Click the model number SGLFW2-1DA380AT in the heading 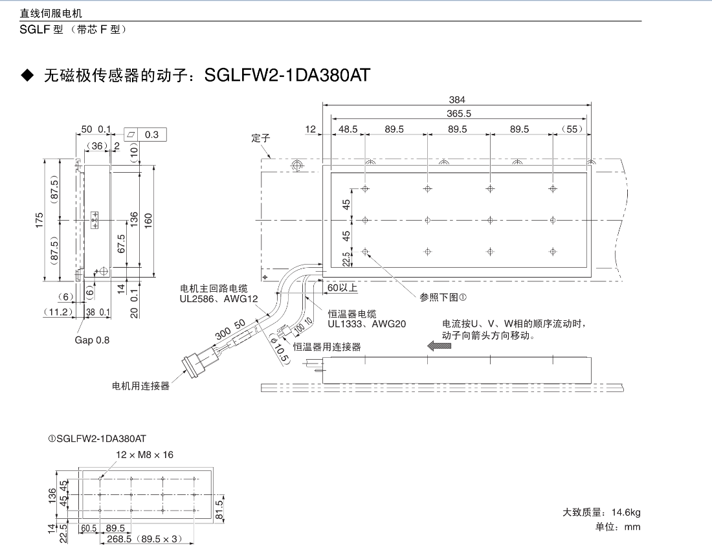pos(287,76)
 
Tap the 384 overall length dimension pos(457,100)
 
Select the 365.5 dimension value pos(459,113)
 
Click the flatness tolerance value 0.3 pos(152,135)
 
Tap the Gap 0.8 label pos(92,340)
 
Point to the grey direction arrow pos(439,346)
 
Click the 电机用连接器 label pos(140,386)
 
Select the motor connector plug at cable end pos(195,363)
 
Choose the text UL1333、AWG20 pos(366,323)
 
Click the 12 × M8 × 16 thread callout pos(145,455)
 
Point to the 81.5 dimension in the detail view pos(219,505)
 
